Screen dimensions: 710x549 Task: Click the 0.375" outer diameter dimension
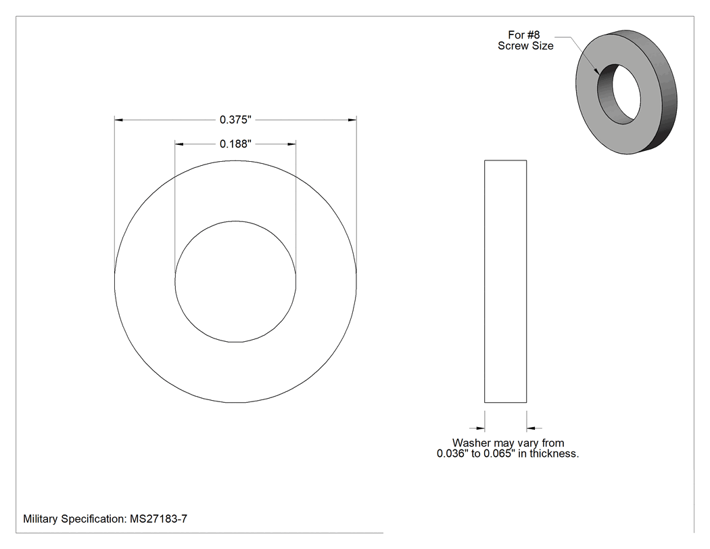(235, 120)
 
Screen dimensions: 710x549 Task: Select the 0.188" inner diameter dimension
(235, 144)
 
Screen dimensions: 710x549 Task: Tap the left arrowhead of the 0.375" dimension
(118, 120)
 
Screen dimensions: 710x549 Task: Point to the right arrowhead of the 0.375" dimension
(352, 120)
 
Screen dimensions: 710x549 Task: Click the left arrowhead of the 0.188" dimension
(179, 144)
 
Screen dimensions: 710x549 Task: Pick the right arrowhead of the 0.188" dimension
(291, 144)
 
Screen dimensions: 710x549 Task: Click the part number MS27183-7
(158, 519)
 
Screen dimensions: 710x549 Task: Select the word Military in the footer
(41, 519)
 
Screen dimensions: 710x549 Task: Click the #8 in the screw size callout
(534, 35)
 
